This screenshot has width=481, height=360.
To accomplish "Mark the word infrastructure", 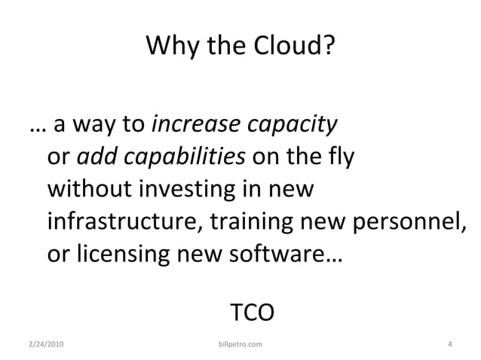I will [124, 222].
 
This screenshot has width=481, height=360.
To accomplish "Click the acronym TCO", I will [251, 310].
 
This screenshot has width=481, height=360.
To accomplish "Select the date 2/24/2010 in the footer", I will [45, 345].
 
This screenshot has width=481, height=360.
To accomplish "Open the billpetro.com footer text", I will [240, 345].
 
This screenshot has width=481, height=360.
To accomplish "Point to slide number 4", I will [449, 345].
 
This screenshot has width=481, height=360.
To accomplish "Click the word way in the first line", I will [86, 125].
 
